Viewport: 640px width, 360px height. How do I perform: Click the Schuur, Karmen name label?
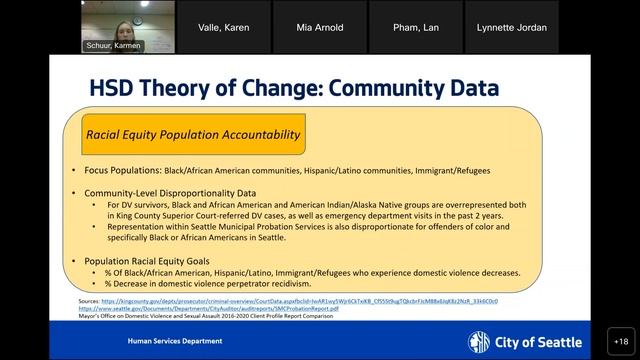[113, 46]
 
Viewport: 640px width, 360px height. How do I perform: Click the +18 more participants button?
[620, 341]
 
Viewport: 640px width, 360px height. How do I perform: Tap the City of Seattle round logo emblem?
[480, 341]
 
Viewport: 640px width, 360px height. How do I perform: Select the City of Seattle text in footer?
[538, 342]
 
